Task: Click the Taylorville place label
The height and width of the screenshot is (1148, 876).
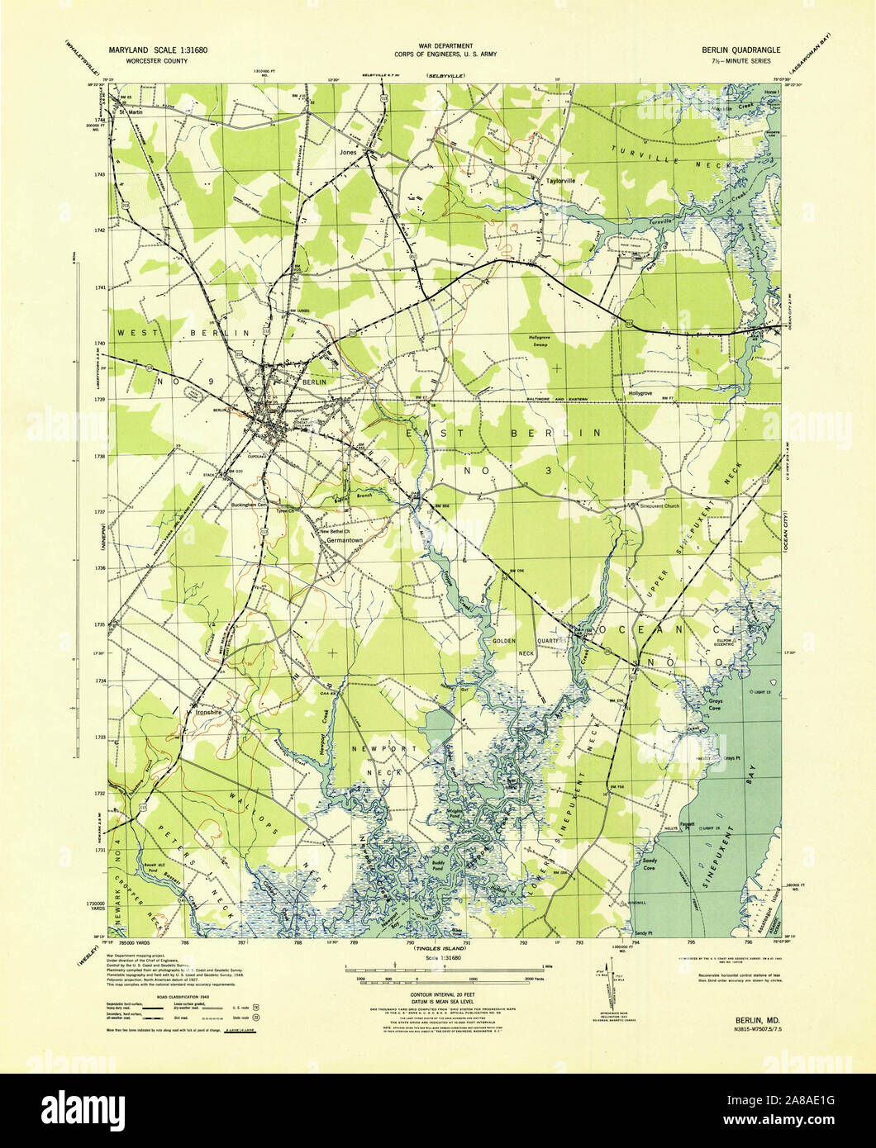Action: [559, 180]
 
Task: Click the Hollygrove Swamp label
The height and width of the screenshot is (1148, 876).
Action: [550, 341]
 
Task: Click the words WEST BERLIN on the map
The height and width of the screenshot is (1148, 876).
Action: [183, 332]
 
